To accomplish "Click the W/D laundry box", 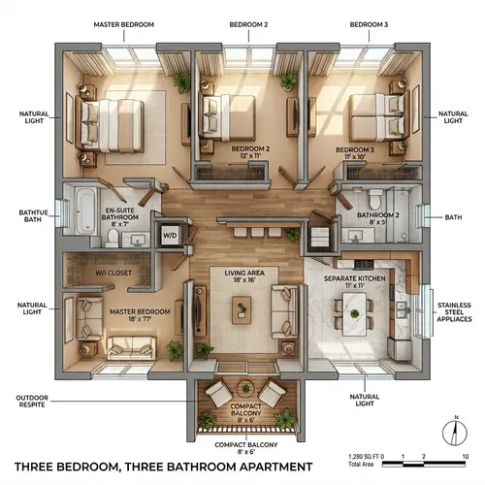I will [169, 235].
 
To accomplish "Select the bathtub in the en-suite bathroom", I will [82, 210].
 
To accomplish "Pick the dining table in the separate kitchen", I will [353, 312].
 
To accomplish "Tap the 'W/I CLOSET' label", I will [114, 274].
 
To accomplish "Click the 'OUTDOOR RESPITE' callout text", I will [32, 402].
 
